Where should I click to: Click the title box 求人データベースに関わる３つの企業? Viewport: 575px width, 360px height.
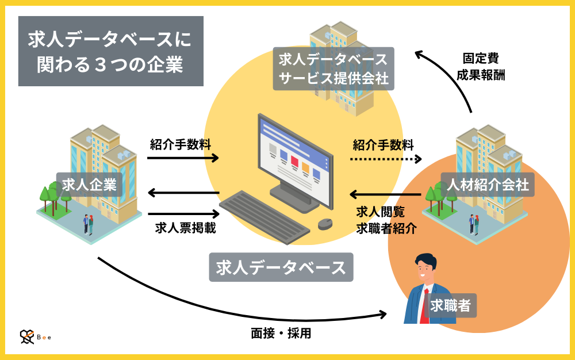coord(110,51)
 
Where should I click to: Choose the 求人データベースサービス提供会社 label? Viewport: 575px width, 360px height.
coord(333,69)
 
